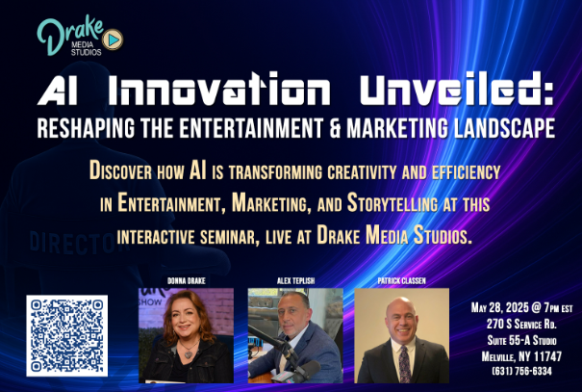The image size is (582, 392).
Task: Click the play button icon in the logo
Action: (113, 39)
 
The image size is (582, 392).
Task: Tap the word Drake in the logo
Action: (69, 34)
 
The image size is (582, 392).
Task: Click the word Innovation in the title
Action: (219, 90)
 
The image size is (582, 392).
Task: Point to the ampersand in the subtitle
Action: (335, 128)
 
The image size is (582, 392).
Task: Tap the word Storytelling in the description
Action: (392, 203)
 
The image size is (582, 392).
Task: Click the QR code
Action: (67, 335)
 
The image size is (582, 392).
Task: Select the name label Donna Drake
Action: (187, 281)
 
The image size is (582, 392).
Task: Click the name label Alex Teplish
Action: (296, 281)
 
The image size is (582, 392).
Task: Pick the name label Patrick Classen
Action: (401, 281)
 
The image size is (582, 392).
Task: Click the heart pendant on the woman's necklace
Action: (189, 354)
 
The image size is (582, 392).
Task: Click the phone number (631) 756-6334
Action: (521, 371)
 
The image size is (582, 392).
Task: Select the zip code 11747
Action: (548, 356)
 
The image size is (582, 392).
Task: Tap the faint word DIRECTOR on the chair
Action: (77, 243)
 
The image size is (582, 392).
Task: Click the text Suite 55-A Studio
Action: (521, 340)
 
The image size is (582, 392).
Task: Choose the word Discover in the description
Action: (120, 171)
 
